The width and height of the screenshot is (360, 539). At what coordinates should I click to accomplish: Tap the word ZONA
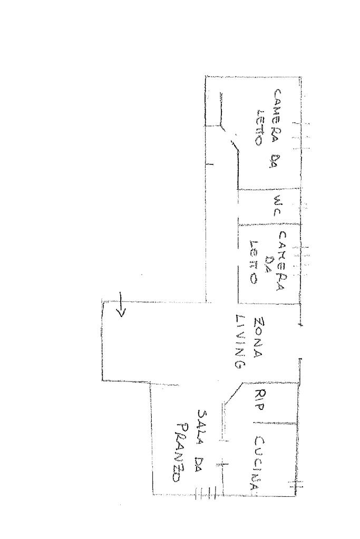pos(259,338)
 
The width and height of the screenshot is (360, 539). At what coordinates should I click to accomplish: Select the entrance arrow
pos(121,306)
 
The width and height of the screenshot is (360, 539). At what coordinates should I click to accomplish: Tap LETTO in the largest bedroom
pos(259,128)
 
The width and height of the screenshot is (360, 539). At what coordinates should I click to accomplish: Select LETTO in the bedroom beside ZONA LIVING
pos(255,262)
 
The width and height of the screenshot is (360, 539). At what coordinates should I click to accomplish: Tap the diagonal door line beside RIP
pos(232,394)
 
